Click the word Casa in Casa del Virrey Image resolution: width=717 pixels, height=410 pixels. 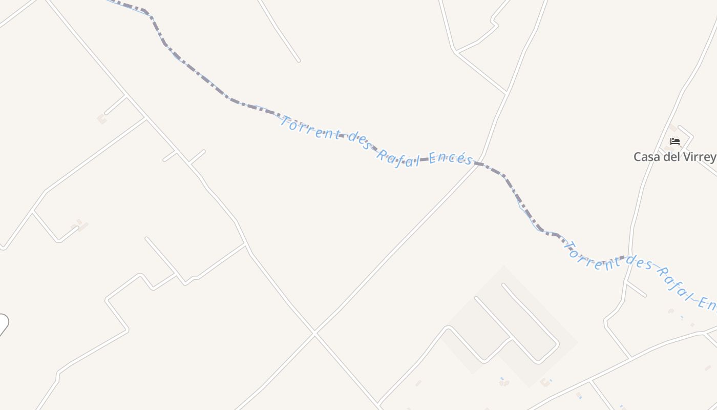coord(646,157)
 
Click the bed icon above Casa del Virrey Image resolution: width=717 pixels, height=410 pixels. coord(675,141)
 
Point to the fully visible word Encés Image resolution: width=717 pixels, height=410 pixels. coord(451,158)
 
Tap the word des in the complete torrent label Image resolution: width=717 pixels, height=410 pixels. coord(358,141)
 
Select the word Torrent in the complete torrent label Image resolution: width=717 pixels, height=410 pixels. coord(310,129)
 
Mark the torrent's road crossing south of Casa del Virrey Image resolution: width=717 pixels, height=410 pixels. coord(629,255)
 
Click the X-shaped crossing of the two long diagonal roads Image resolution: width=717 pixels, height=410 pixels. coord(314,333)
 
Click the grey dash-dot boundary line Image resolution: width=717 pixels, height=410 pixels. coord(195,72)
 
